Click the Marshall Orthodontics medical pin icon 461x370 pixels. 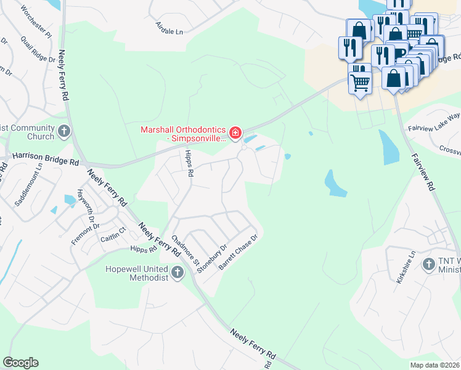[235, 133]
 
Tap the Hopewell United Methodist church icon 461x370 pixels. [177, 273]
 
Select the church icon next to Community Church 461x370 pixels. [64, 131]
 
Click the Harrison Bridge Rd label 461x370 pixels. [46, 158]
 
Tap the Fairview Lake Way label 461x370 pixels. [434, 123]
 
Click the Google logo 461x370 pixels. [20, 363]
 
